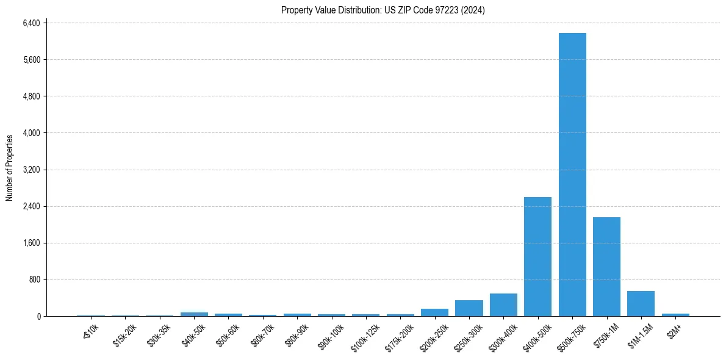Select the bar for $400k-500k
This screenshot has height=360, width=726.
[537, 256]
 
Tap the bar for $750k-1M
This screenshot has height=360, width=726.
[606, 267]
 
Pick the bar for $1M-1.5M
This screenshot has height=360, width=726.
[641, 304]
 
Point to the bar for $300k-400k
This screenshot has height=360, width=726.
[503, 305]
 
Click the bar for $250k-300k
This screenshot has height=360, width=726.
[469, 308]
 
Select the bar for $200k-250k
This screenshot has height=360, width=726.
[434, 312]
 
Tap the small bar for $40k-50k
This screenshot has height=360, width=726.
[194, 314]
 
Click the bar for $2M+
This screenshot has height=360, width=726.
[675, 315]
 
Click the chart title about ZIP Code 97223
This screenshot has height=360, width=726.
[383, 10]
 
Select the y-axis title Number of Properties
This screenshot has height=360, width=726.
[10, 168]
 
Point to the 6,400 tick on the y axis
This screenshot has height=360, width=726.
[31, 23]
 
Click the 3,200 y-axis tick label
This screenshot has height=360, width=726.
[31, 170]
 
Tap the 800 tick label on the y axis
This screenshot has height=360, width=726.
[34, 279]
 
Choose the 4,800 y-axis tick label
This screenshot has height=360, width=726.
[31, 96]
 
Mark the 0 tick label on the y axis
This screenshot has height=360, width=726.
[38, 316]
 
